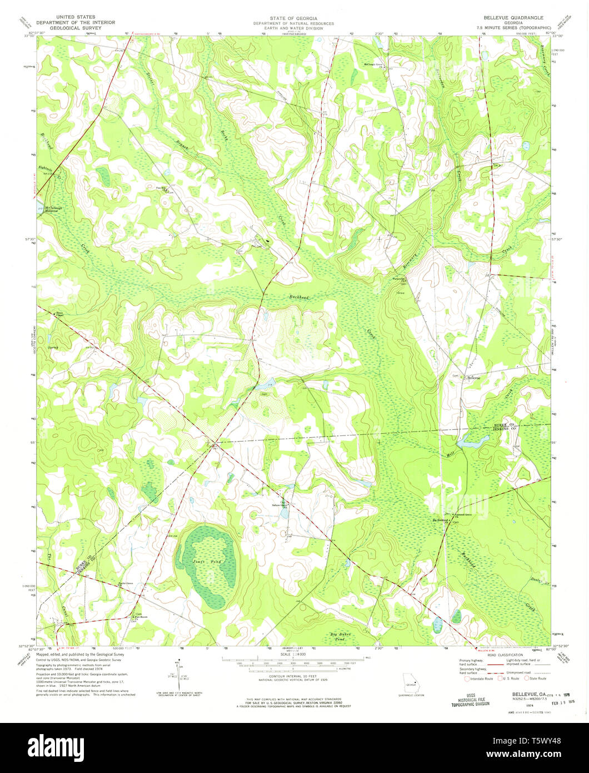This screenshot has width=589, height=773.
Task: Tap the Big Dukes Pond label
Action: point(342,636)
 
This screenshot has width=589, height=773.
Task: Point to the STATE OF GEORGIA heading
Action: point(293,18)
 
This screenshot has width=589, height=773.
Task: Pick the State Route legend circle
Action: point(527,678)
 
